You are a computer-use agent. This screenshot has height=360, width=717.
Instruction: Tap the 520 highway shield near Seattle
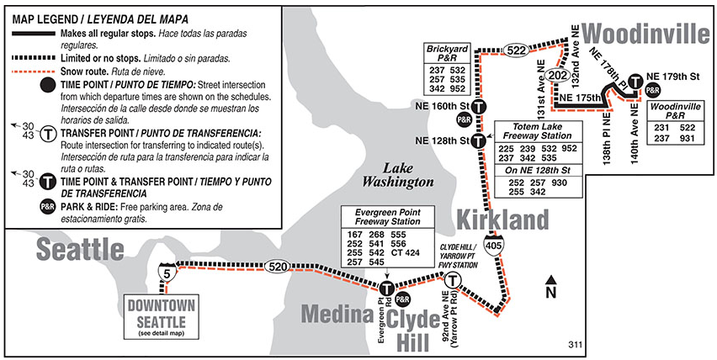click(279, 267)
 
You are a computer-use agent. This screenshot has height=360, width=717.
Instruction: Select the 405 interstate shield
click(496, 245)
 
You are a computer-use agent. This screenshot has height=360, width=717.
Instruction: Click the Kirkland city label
click(502, 220)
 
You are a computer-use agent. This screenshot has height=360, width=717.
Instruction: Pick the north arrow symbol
click(551, 287)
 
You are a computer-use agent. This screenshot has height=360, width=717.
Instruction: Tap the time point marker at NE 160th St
click(479, 107)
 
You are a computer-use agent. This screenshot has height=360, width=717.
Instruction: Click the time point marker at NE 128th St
click(479, 140)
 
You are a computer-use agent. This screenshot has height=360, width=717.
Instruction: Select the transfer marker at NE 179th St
click(637, 82)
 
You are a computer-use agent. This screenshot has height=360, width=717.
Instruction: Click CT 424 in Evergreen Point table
click(406, 251)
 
